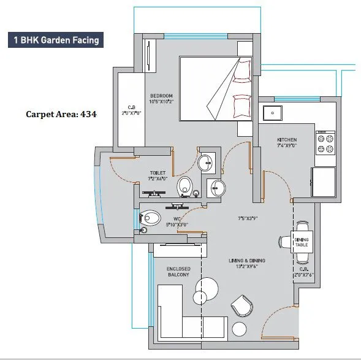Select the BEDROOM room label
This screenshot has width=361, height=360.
tap(162, 96)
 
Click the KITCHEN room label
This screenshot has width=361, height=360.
tap(287, 140)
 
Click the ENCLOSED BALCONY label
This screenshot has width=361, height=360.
tap(178, 272)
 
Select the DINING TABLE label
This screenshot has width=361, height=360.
tap(303, 242)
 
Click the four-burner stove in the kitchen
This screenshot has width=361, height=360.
tap(325, 143)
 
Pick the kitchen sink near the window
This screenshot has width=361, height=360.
tap(271, 113)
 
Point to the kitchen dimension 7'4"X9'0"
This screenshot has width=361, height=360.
tap(286, 146)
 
